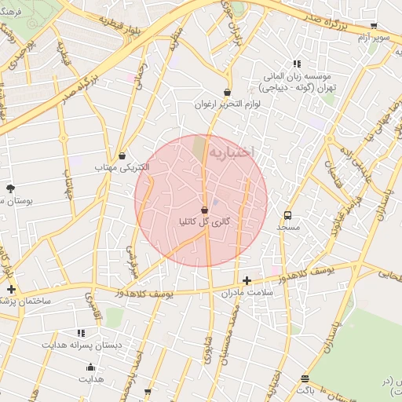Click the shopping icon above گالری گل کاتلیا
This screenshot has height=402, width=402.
pos(205,210)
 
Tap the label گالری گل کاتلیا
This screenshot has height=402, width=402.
pos(204,222)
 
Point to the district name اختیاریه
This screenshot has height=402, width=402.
pos(239,151)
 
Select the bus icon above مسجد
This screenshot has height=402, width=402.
pos(288,214)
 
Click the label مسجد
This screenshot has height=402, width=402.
pos(288,226)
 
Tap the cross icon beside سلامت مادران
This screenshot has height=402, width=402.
pos(247,280)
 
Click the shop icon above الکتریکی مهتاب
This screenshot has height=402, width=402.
pos(122,155)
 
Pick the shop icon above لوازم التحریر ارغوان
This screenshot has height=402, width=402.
pos(227,92)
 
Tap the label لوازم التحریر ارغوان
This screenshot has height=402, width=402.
pos(226,104)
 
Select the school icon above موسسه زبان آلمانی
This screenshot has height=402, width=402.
pos(296,64)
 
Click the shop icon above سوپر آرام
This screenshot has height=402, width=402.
pos(374,25)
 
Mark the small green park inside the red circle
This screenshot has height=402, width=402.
pos(199,146)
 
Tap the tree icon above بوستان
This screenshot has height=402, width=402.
pos(10,188)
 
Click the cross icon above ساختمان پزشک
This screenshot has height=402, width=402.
pos(10,289)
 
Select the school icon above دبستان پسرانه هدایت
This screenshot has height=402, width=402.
pos(81,333)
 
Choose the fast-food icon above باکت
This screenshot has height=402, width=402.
pos(305,379)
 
